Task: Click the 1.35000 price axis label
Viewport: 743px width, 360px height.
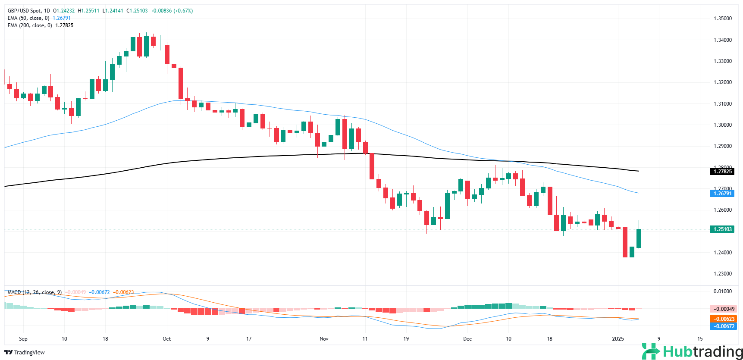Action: coord(722,19)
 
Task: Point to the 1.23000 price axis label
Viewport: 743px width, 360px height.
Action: coord(722,274)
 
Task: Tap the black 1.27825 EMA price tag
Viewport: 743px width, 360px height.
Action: coord(722,172)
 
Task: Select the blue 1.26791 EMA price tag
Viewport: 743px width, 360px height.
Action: coord(722,194)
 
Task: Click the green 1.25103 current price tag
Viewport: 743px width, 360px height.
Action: coord(722,229)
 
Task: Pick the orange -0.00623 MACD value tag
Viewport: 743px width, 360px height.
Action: coord(723,319)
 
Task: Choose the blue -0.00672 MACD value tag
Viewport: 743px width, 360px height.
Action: coord(723,326)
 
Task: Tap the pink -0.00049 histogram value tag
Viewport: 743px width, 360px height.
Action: coord(723,309)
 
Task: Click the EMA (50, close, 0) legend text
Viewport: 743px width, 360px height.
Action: coord(28,18)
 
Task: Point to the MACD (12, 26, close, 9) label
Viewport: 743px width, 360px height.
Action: coord(34,292)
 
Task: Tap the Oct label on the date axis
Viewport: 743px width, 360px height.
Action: coord(166,339)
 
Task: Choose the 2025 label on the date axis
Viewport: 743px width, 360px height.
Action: coord(618,339)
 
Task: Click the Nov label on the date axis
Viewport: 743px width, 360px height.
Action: coord(324,339)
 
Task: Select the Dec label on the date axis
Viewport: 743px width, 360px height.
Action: coord(467,339)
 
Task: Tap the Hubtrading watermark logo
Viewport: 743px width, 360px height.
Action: coord(692,351)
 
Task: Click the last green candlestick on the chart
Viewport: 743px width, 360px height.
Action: coord(639,238)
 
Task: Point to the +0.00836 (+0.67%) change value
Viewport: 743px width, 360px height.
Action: coord(172,11)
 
